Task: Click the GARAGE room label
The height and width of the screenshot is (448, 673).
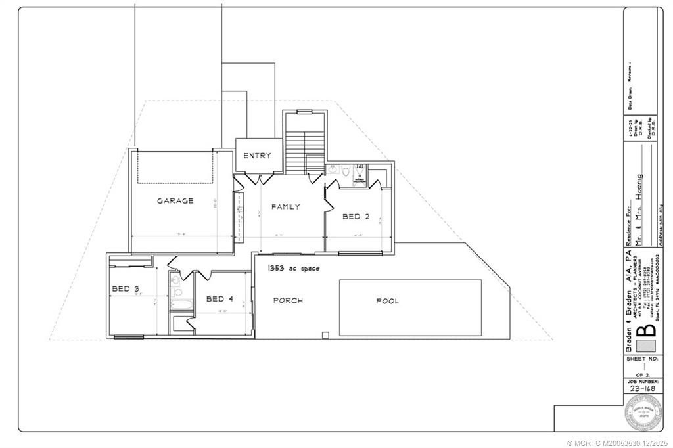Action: [175, 201]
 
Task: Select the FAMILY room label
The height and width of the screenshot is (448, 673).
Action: [286, 206]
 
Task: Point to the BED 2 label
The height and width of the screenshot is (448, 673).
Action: [356, 216]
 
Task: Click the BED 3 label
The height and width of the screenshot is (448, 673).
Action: [125, 289]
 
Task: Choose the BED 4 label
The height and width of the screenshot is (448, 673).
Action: [220, 299]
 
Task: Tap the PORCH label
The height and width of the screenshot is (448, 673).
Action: [288, 301]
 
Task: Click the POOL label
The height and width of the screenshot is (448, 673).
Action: [387, 302]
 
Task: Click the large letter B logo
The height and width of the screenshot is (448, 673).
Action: [648, 328]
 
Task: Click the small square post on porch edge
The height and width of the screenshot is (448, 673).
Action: [325, 335]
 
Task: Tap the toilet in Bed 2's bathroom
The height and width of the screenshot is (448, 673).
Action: [360, 170]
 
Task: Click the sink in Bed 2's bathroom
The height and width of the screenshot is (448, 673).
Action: [333, 170]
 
